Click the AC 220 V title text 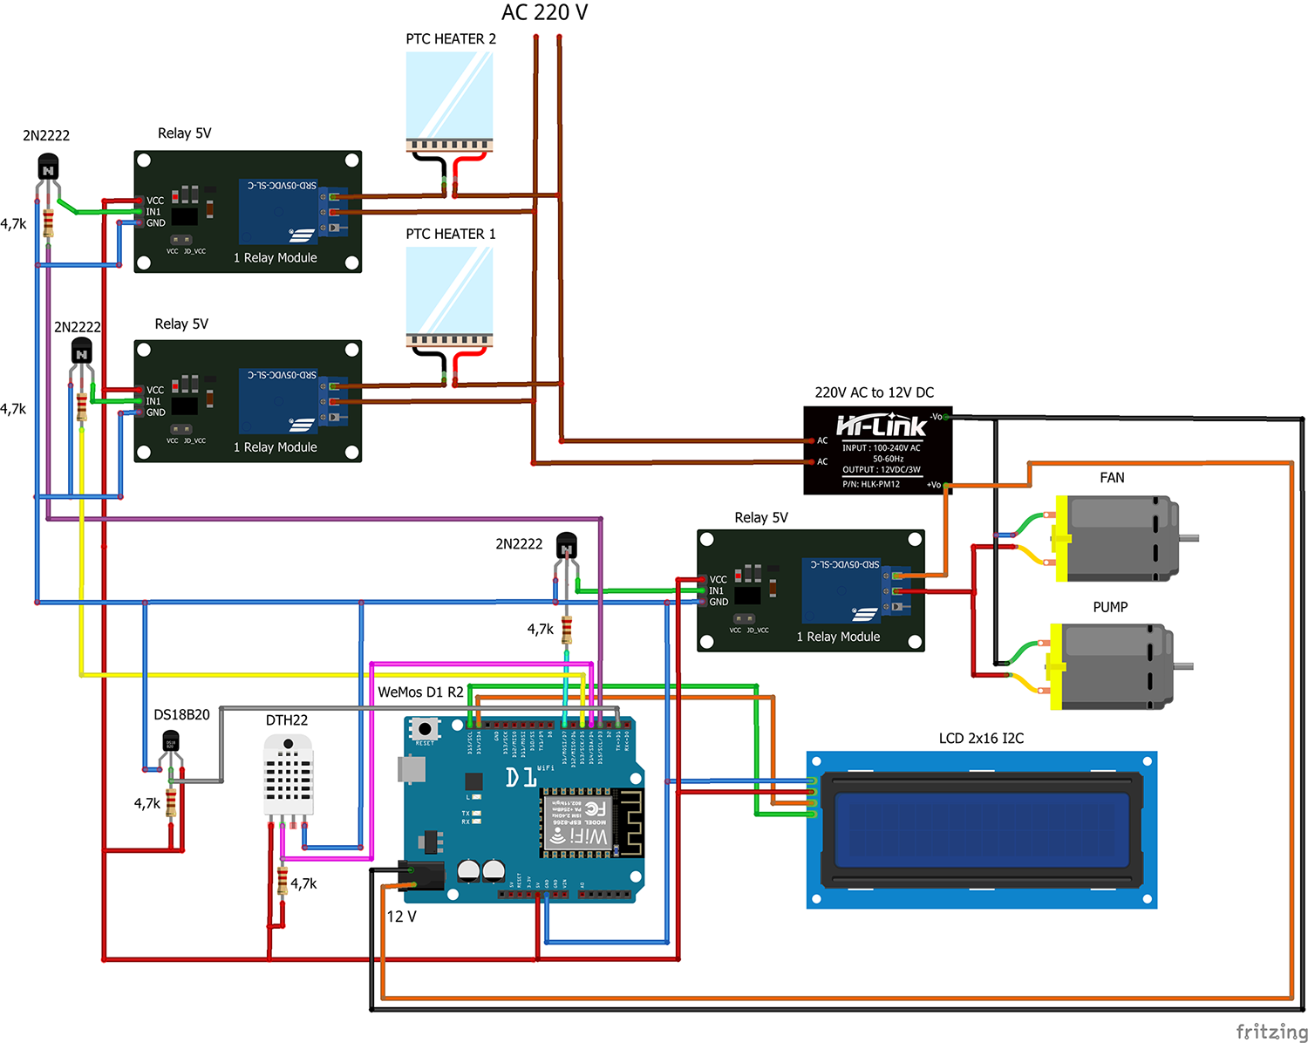pyautogui.click(x=544, y=13)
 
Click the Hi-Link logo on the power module pyautogui.click(x=881, y=426)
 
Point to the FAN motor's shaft pyautogui.click(x=1189, y=538)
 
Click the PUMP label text pyautogui.click(x=1110, y=607)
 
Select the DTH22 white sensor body pyautogui.click(x=288, y=775)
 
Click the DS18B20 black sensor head pyautogui.click(x=171, y=743)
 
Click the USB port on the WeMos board pyautogui.click(x=412, y=768)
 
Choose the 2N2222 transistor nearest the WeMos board pyautogui.click(x=567, y=547)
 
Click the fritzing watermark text pyautogui.click(x=1271, y=1032)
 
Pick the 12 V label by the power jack pyautogui.click(x=401, y=917)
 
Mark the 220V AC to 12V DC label pyautogui.click(x=874, y=392)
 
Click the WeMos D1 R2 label pyautogui.click(x=420, y=692)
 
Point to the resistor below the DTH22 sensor pyautogui.click(x=282, y=881)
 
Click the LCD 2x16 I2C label pyautogui.click(x=981, y=739)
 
